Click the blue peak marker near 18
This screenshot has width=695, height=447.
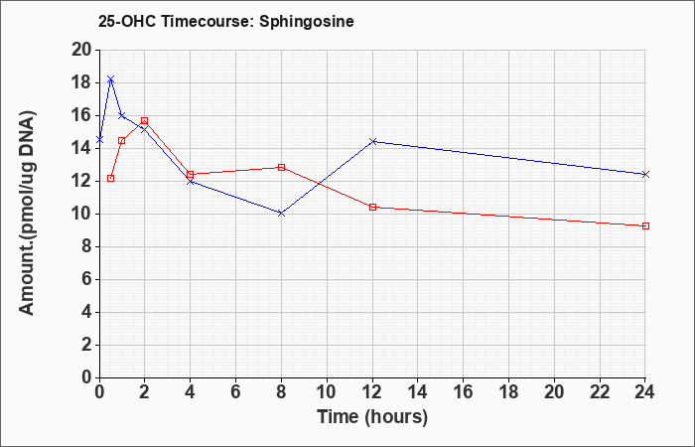point(111,78)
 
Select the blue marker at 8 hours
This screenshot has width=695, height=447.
point(281,214)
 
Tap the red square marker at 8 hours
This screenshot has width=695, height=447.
point(281,167)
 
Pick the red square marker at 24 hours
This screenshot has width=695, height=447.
point(645,225)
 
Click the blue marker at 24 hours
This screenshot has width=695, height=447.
point(645,174)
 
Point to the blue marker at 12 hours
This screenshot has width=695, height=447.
point(372,141)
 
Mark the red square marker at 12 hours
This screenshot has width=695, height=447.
point(372,207)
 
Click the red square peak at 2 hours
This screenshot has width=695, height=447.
point(145,120)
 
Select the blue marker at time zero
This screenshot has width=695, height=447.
point(99,140)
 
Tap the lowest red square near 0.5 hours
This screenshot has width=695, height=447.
point(111,178)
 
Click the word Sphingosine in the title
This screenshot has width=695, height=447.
point(307,22)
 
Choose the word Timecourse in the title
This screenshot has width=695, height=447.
point(207,21)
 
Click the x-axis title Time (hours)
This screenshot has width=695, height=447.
point(372,417)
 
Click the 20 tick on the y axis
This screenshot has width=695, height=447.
point(81,50)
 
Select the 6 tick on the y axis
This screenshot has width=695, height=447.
point(87,279)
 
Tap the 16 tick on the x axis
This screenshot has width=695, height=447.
point(464,392)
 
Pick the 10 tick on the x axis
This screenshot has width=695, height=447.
point(327,392)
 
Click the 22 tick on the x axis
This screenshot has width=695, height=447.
point(600,392)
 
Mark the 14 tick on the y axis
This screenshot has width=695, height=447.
point(81,148)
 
